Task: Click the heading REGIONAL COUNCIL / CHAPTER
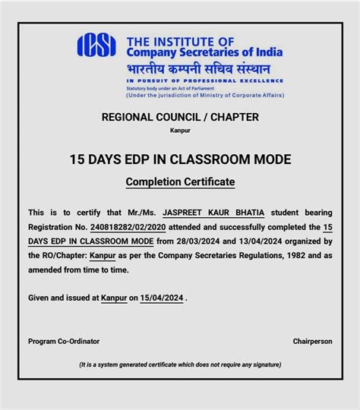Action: coord(180,117)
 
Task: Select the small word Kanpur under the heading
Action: coord(180,131)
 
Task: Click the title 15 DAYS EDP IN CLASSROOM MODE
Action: coord(180,159)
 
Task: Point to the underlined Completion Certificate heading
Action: coord(180,182)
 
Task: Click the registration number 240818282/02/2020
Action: coord(122,226)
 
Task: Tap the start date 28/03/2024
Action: coord(203,240)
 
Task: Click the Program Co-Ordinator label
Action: coord(64,341)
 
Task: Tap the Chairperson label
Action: coord(312,341)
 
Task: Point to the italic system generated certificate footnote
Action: coord(180,364)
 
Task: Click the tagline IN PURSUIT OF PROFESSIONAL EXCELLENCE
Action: coord(205,80)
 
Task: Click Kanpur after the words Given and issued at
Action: coord(114,298)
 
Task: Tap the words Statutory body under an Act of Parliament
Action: coord(166,89)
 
